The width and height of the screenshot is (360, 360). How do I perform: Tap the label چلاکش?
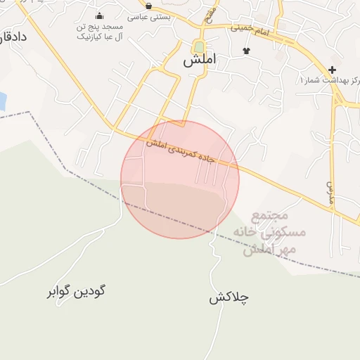tap(229, 297)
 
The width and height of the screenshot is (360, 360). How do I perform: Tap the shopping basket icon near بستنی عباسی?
tap(148, 6)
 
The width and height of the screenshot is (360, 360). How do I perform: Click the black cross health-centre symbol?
tap(333, 70)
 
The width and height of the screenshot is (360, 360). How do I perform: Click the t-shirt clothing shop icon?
tap(246, 51)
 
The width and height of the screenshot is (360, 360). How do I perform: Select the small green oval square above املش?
tap(199, 46)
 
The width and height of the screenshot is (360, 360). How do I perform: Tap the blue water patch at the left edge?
tap(2, 101)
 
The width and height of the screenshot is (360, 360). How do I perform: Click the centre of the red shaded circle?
tap(180, 179)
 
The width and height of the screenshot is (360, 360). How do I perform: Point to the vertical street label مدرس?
tap(328, 191)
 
